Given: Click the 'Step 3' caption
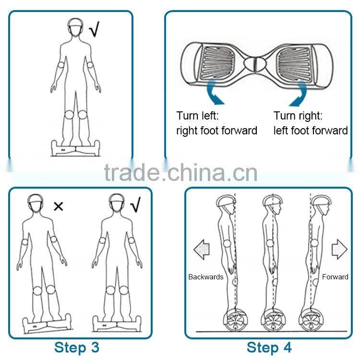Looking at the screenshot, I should pos(77,347).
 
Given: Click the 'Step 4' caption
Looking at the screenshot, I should pos(269,347).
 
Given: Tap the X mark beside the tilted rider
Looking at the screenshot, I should pos(58,206).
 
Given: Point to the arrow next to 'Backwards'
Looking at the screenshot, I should pos(202,250).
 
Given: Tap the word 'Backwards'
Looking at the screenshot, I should pos(206,277).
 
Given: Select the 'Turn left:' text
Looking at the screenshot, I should pos(197,116).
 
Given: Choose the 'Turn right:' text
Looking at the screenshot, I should pos(298,116).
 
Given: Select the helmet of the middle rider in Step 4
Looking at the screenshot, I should pos(272,204).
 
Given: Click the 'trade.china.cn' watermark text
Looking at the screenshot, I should pos(180,172).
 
